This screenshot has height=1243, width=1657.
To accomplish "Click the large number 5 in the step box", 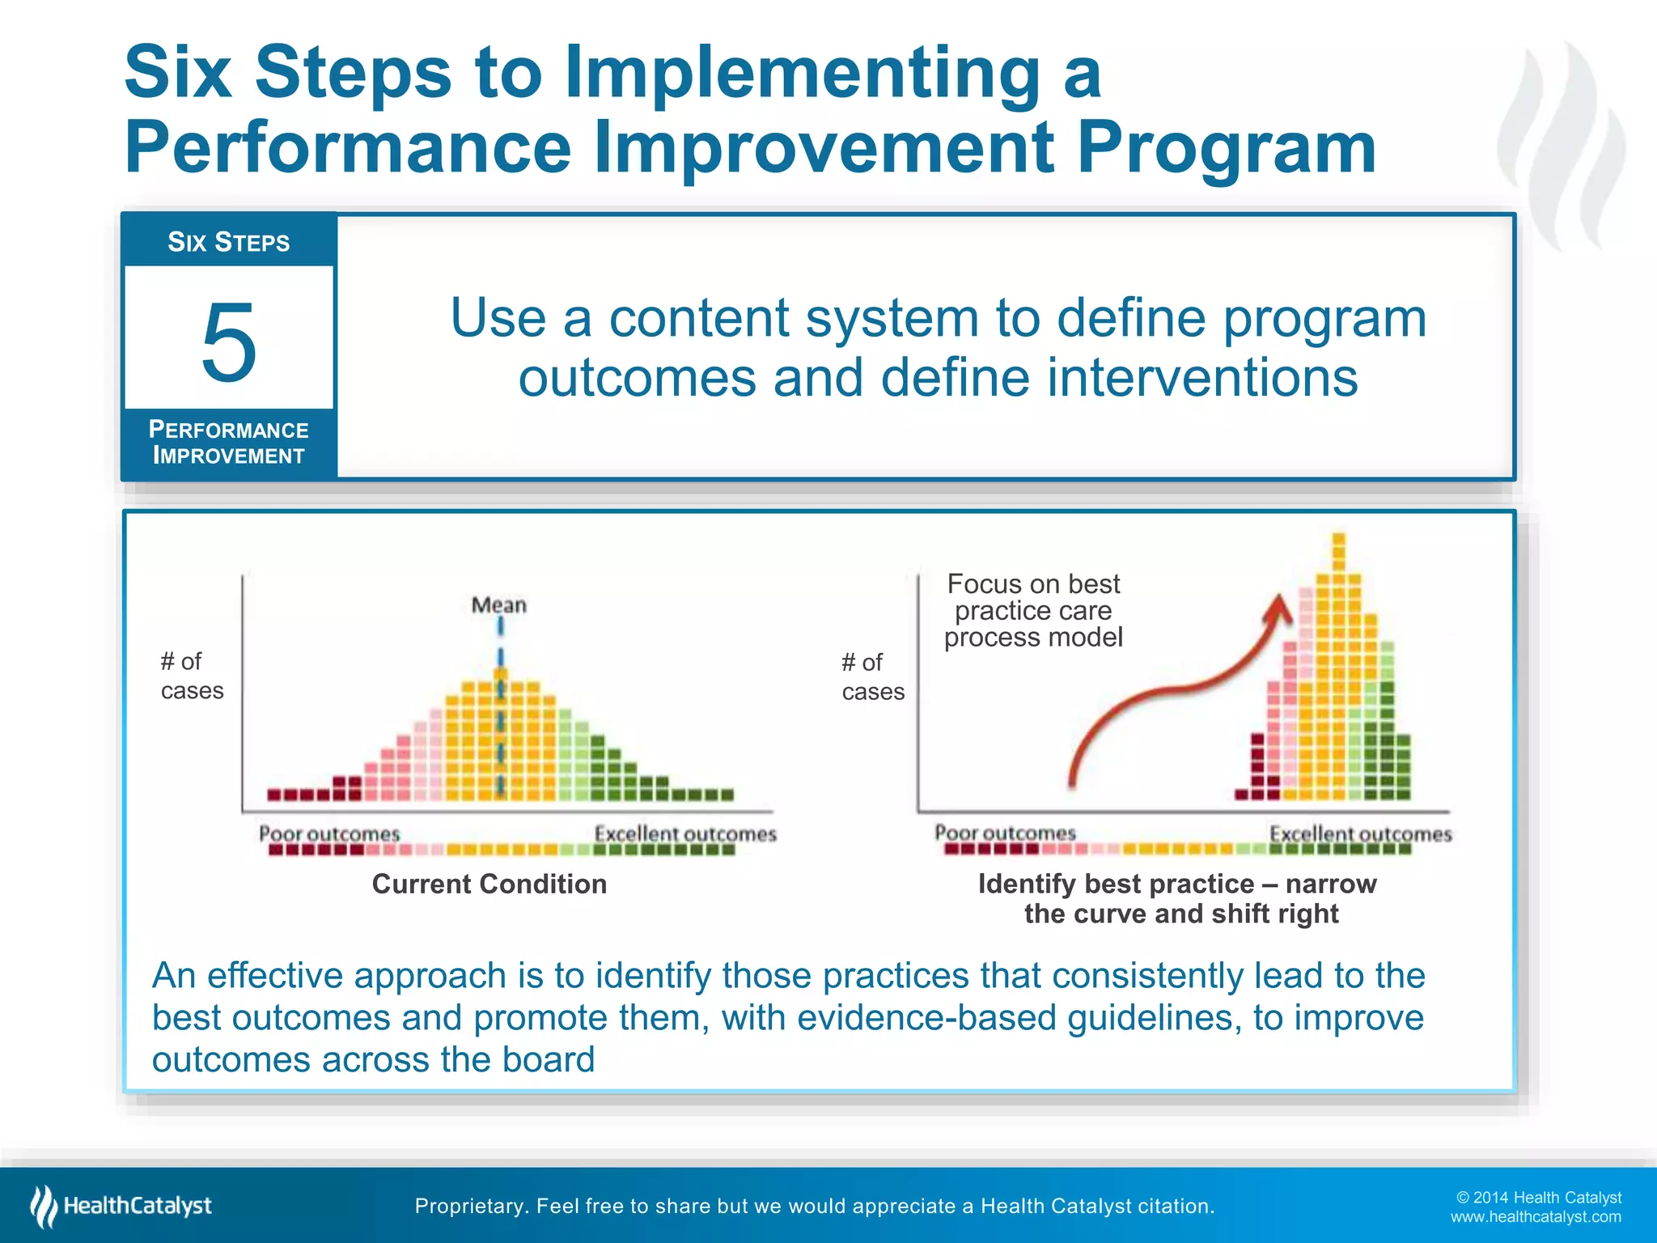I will [229, 343].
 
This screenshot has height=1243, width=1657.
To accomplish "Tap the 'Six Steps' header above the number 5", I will [228, 242].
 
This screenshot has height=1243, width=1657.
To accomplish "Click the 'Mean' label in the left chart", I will [498, 605].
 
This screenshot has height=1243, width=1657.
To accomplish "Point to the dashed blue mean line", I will [501, 712].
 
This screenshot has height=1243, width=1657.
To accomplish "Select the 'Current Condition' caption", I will [489, 884].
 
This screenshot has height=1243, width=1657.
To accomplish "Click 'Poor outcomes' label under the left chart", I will [328, 834].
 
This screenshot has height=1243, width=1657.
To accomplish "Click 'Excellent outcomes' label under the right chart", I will [1360, 834].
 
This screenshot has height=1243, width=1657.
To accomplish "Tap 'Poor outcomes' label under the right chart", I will [1005, 833].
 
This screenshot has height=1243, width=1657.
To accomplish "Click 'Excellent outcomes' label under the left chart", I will [684, 834].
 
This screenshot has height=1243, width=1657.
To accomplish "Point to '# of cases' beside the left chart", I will [191, 676].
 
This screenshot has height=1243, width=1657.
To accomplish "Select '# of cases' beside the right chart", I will [872, 677].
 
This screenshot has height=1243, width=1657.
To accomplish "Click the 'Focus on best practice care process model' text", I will [1033, 610].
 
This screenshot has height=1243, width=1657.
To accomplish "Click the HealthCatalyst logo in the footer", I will [121, 1206].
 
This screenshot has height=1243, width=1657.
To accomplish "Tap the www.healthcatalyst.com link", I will [1535, 1217].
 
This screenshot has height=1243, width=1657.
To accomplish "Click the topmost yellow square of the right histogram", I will [1338, 539].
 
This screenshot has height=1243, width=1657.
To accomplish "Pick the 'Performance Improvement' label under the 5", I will [229, 443].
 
